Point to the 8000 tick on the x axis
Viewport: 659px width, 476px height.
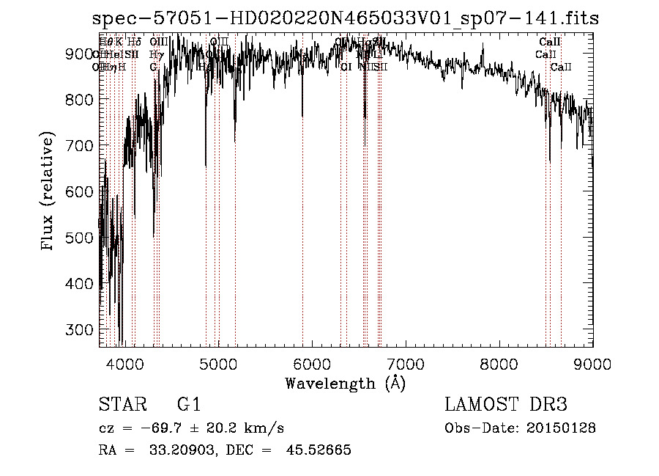pyautogui.click(x=499, y=345)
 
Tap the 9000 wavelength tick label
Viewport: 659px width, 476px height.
pyautogui.click(x=592, y=363)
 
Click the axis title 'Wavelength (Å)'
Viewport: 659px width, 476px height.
pyautogui.click(x=345, y=383)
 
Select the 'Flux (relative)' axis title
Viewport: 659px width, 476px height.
pyautogui.click(x=49, y=191)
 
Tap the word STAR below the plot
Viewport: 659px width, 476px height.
pyautogui.click(x=118, y=405)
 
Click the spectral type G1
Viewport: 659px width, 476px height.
pyautogui.click(x=188, y=405)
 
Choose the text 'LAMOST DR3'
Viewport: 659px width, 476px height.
pyautogui.click(x=506, y=405)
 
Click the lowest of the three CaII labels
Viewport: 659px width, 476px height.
pyautogui.click(x=562, y=67)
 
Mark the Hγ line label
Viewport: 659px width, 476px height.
pyautogui.click(x=156, y=55)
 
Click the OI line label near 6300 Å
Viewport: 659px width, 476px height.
pyautogui.click(x=346, y=67)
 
